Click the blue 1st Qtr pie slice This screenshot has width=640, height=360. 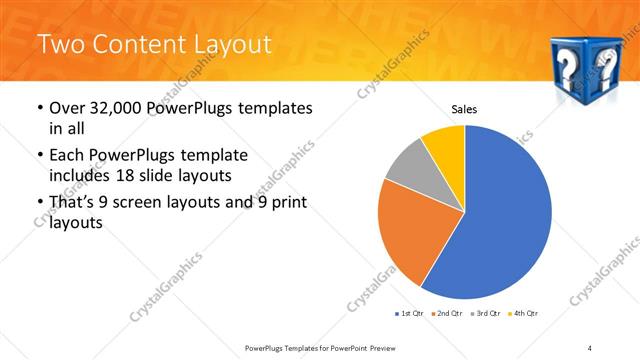tap(500, 220)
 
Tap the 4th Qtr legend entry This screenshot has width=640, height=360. tap(524, 313)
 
